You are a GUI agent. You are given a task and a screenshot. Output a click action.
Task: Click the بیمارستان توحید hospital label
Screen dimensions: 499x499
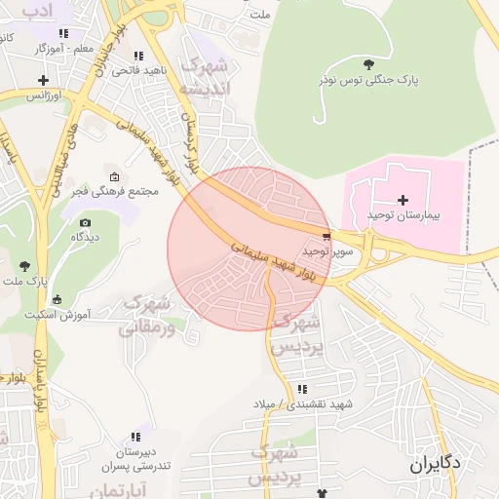tap(403, 212)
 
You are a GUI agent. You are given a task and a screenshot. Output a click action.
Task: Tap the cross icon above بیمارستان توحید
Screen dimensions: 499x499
tap(403, 199)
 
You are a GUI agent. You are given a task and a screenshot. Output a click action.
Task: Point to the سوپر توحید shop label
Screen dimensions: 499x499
tap(326, 250)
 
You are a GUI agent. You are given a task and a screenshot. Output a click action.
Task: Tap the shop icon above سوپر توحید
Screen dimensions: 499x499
tap(326, 236)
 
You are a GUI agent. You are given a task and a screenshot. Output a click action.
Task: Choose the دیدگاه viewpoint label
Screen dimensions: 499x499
tap(85, 237)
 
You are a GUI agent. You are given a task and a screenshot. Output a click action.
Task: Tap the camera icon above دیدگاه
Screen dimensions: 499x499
tap(85, 223)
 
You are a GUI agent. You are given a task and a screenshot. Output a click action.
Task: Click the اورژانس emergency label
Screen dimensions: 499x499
tap(43, 96)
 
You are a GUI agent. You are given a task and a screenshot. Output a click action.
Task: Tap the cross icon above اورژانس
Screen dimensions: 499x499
tap(43, 81)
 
